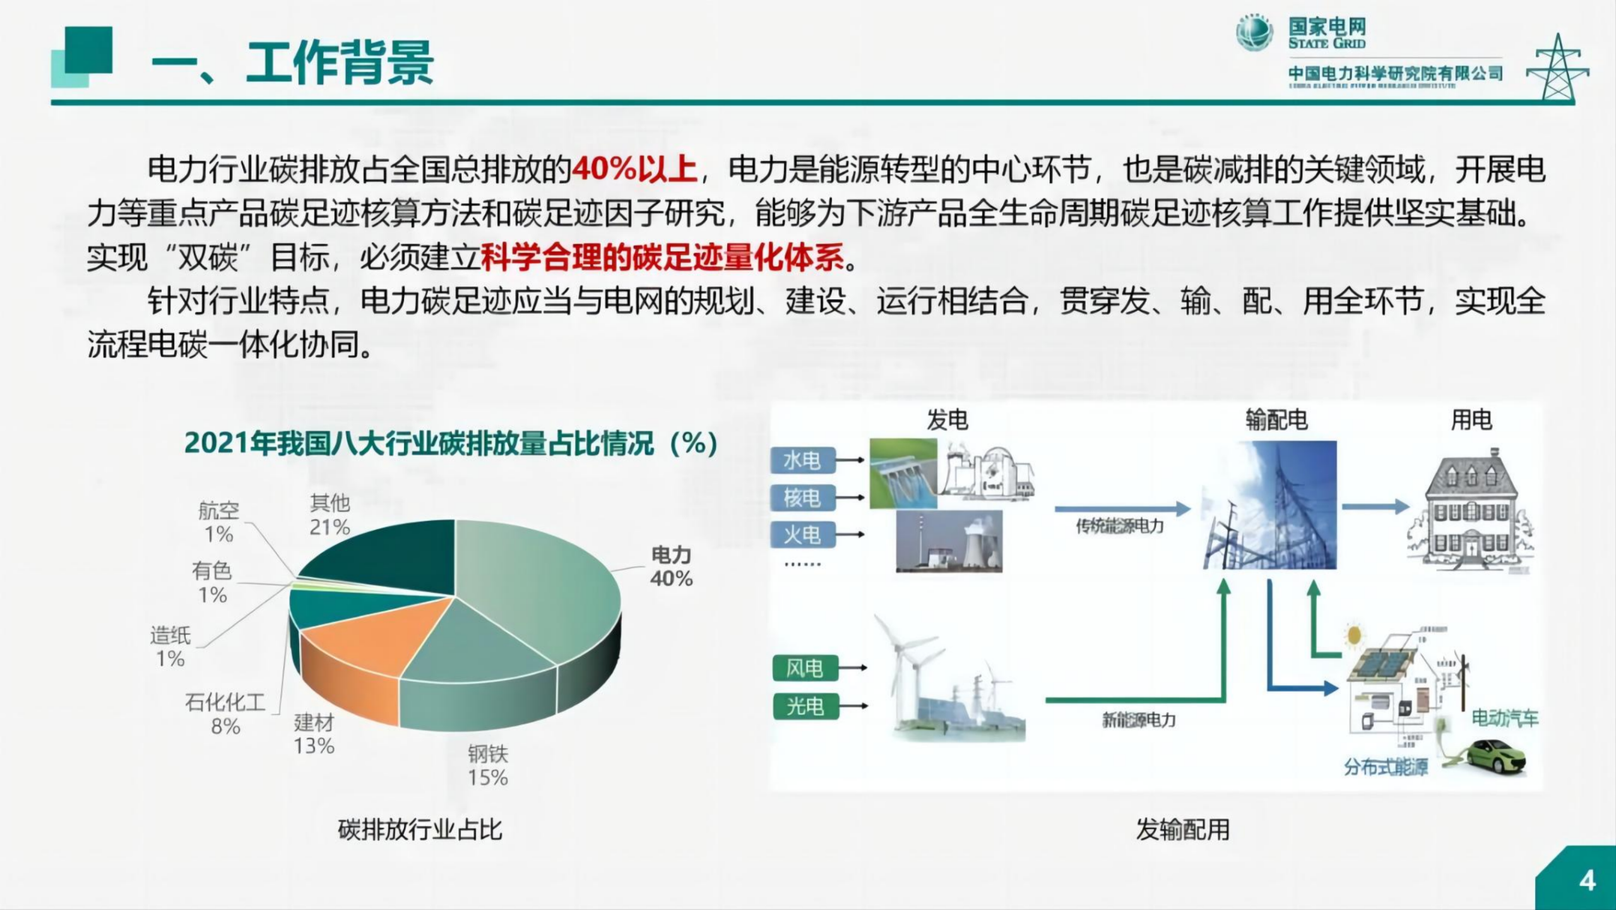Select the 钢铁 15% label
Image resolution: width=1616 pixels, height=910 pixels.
[488, 765]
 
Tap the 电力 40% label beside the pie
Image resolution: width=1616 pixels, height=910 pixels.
[672, 566]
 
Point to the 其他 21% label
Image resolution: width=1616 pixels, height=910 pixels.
[330, 515]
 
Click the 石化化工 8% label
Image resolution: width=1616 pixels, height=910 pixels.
[225, 714]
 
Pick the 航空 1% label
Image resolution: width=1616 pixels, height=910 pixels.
[218, 522]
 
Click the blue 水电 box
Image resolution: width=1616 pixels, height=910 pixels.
[802, 460]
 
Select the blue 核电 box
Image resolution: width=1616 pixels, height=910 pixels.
[802, 498]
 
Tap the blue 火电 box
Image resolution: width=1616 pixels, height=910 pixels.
[802, 535]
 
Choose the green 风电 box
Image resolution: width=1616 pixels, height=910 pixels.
[805, 668]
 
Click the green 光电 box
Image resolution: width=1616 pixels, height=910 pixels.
[805, 705]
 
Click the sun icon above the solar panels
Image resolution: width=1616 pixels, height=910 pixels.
[1353, 635]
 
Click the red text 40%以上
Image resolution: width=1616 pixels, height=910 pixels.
[634, 169]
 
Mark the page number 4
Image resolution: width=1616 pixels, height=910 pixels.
[1587, 880]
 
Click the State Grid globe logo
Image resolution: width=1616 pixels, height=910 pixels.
[1254, 33]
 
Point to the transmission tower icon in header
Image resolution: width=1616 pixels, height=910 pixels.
[1558, 68]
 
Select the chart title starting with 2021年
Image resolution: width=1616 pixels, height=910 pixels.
[451, 443]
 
